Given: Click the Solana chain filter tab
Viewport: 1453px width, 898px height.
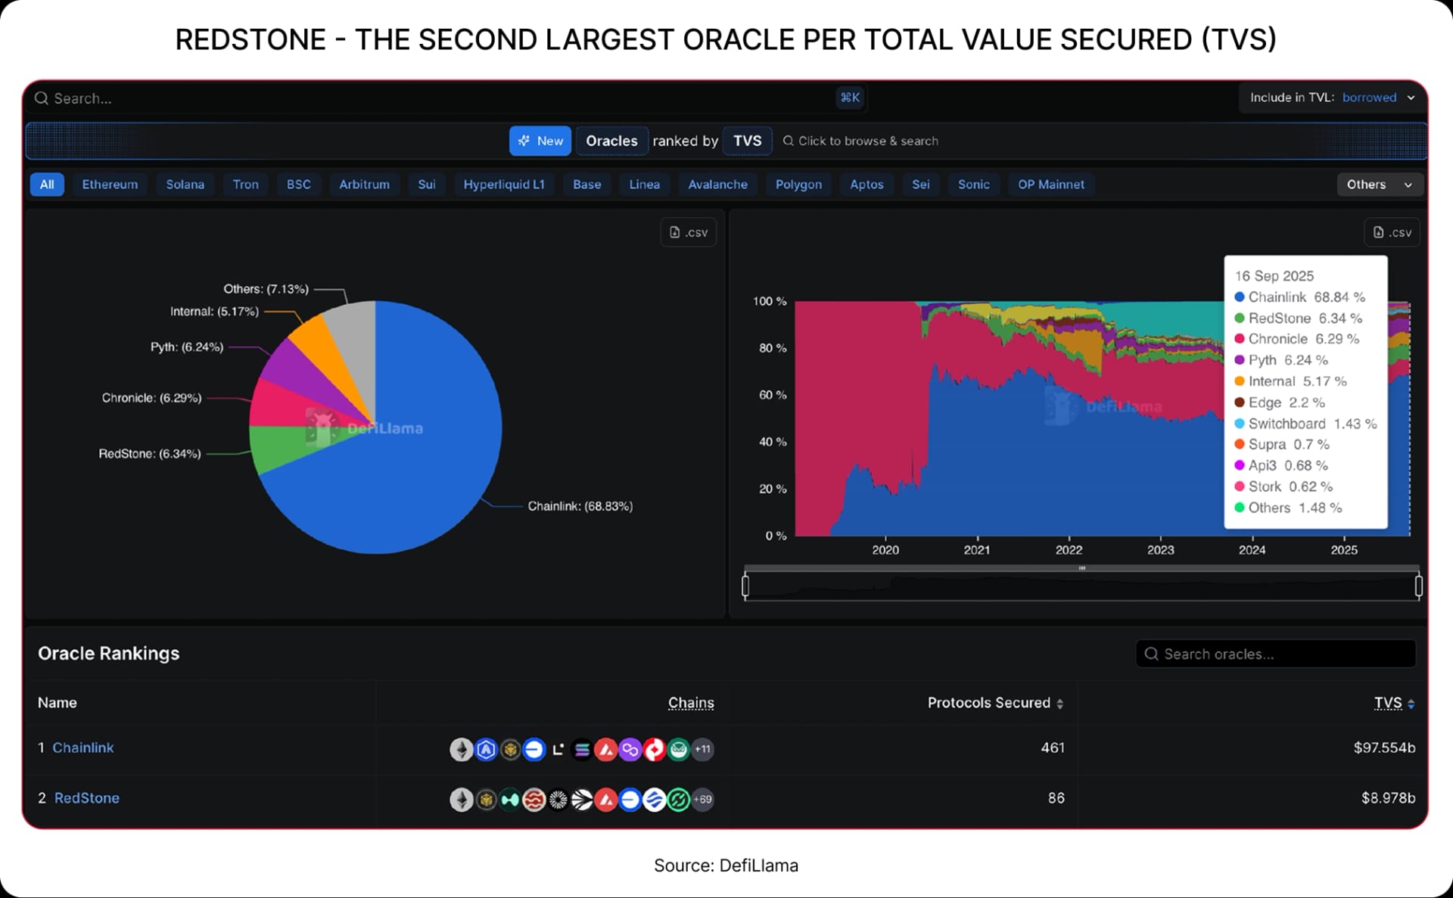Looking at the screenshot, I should point(185,185).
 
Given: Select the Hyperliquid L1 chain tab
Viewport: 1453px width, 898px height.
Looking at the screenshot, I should point(503,185).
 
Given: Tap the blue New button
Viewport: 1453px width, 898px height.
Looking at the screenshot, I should point(540,141).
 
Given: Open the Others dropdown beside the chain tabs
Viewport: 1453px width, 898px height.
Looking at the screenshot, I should point(1379,185).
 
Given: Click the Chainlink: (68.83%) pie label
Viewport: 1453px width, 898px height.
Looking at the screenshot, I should point(580,506).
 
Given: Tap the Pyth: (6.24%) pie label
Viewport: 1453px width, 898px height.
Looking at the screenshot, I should point(187,347).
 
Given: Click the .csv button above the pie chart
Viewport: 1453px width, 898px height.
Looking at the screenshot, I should point(688,232).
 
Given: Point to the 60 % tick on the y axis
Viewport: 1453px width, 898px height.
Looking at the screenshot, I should point(772,395).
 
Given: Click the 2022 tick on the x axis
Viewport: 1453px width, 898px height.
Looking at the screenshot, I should point(1069,550).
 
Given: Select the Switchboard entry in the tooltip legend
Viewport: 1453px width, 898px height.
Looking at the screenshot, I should point(1287,424).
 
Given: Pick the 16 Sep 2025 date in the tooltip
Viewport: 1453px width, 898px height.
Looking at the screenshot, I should point(1274,276).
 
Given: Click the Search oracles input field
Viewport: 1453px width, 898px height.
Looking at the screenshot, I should point(1276,654).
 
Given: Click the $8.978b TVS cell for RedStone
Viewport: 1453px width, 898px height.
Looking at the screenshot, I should point(1387,798).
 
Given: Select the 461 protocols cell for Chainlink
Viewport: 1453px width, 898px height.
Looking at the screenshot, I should point(1052,748).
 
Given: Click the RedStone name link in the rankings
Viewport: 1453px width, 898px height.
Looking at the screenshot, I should point(86,798).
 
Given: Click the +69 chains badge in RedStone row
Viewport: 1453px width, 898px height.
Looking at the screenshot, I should point(703,800).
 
